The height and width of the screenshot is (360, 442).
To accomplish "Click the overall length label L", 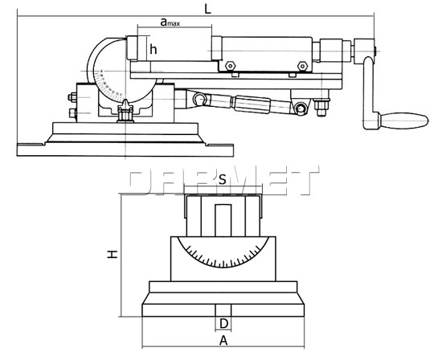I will coord(208,9).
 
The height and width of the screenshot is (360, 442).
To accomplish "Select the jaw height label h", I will coord(153,49).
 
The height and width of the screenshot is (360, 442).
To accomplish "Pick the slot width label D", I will coord(225,324).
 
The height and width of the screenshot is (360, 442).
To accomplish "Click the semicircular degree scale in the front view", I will coord(224,257).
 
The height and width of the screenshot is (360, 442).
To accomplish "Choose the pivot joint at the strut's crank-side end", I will coord(301,108).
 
